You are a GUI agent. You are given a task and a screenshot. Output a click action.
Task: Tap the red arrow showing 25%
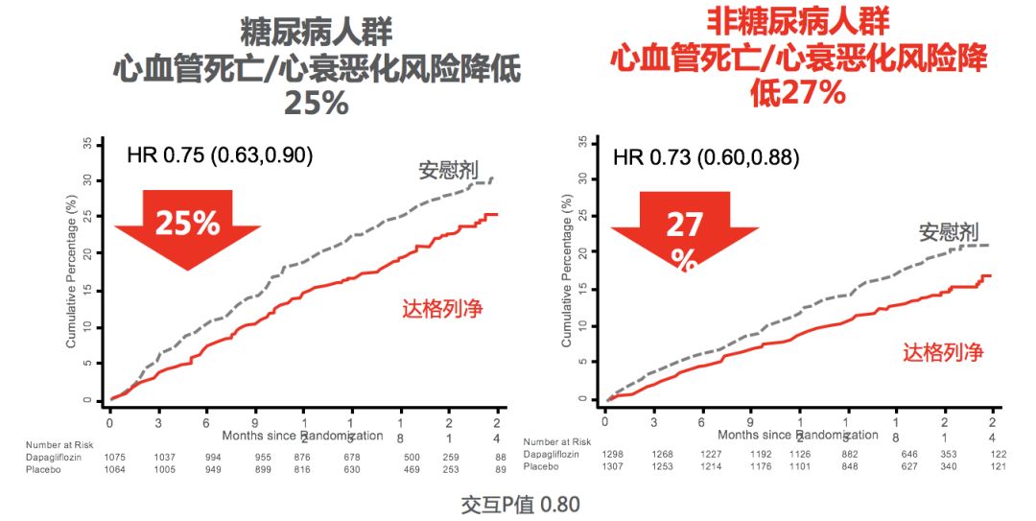click(187, 226)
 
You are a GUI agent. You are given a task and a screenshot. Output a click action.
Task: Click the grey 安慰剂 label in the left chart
click(449, 171)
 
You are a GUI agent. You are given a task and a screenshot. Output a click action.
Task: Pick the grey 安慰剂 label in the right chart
click(948, 232)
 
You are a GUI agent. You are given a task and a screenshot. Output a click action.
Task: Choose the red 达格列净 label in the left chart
click(442, 308)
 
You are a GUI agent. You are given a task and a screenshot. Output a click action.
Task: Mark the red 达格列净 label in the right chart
click(943, 352)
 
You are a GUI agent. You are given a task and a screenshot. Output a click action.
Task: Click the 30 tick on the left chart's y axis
click(87, 179)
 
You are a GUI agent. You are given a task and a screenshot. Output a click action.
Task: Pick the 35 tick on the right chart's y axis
click(583, 142)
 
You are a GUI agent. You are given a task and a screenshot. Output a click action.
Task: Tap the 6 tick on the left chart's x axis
click(206, 422)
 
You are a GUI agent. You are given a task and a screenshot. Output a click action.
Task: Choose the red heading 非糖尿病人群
click(798, 21)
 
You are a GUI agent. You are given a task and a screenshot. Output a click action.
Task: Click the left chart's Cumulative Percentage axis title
click(71, 273)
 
